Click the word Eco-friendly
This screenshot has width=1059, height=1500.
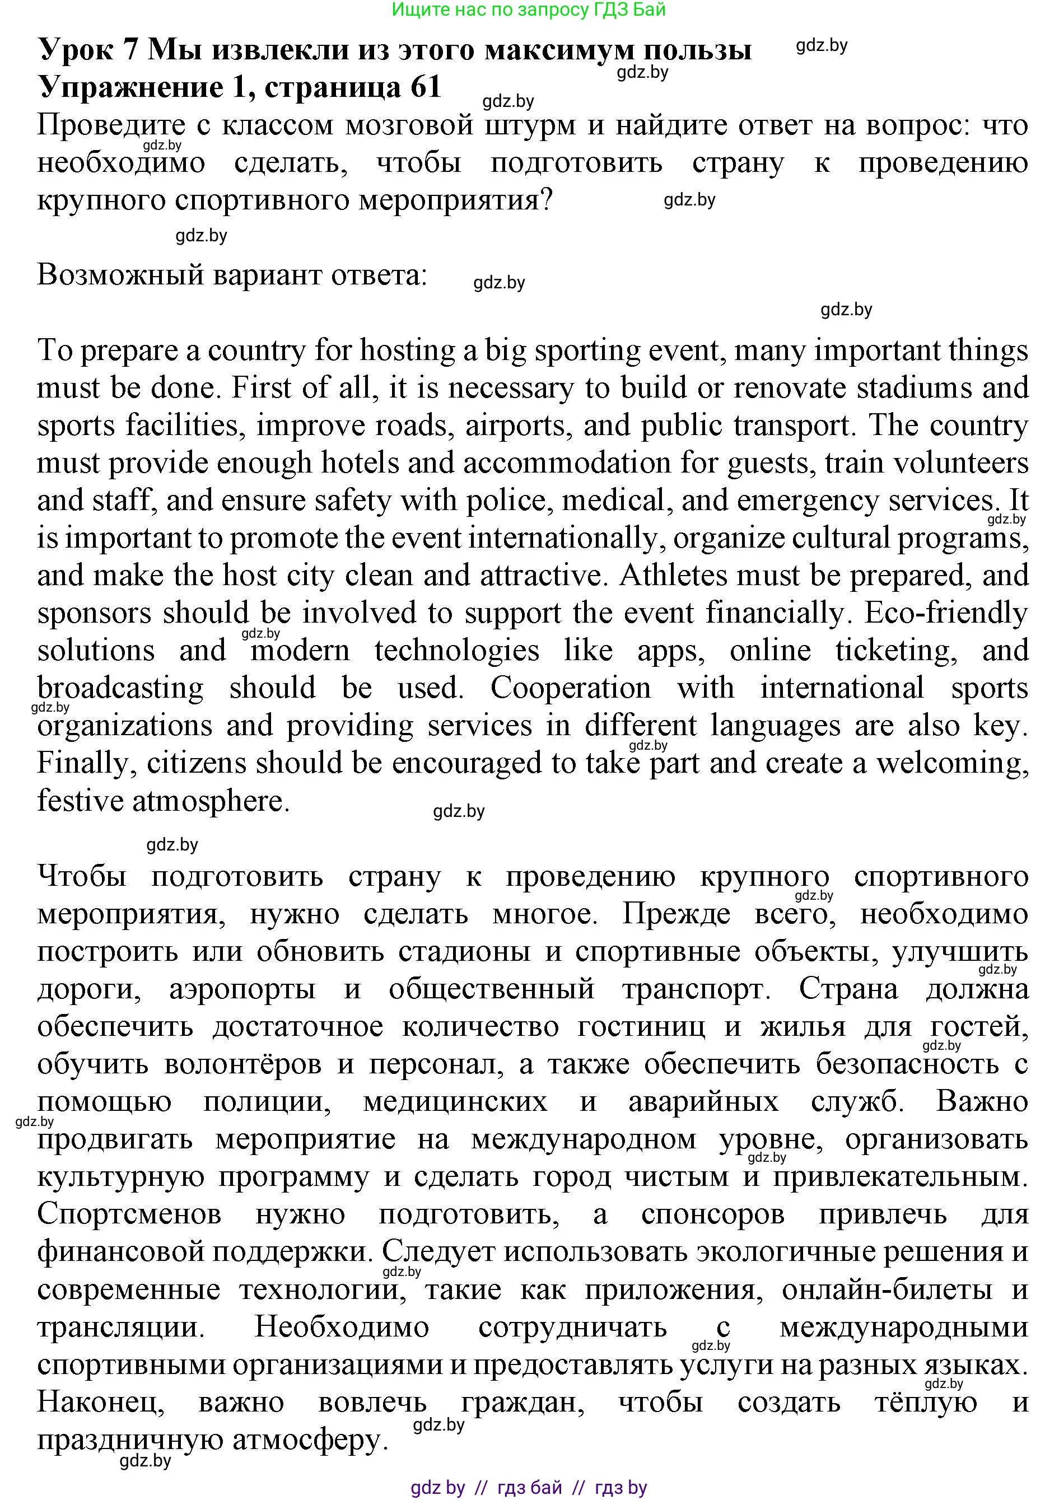coord(946,613)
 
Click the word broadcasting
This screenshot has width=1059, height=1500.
coord(120,688)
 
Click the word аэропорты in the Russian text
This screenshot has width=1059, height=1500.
coord(242,989)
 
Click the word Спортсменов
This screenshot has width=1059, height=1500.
coord(129,1214)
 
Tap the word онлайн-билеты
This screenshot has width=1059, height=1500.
coord(887,1289)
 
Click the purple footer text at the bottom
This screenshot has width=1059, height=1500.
coord(529,1488)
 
